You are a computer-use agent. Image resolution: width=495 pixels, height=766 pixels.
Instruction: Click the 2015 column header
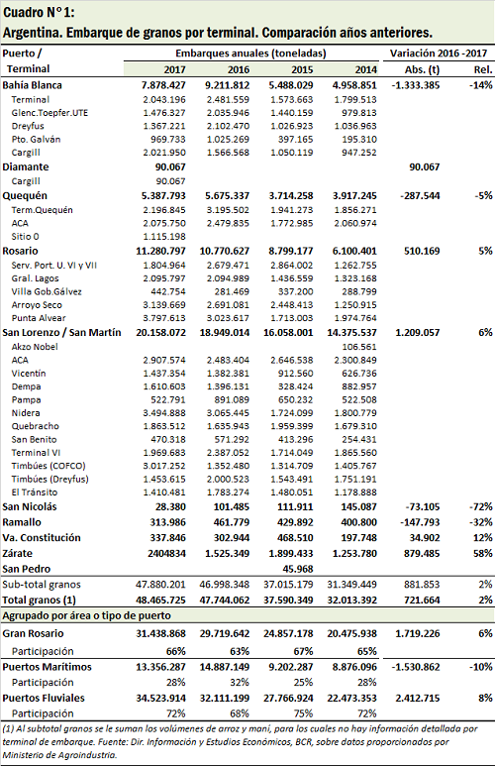pos(302,69)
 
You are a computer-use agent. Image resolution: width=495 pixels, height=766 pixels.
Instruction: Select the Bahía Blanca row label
pos(33,85)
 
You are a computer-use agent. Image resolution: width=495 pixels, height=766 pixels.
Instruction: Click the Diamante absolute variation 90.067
pos(425,167)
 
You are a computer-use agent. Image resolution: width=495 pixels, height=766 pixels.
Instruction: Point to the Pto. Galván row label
pos(36,140)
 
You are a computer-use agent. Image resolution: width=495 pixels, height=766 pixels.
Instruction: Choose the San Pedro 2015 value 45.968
pos(297,569)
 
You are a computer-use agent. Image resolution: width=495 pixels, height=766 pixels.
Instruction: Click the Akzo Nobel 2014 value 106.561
pos(358,347)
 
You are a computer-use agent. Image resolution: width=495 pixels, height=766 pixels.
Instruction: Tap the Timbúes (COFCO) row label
pos(49,466)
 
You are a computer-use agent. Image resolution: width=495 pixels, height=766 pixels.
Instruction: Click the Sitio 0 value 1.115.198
pos(164,237)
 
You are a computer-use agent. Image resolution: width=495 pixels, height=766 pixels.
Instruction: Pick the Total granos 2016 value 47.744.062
pos(225,600)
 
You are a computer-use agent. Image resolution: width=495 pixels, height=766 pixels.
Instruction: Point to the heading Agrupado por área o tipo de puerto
pos(86,615)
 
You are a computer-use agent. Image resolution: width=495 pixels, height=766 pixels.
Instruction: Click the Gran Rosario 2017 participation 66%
pos(175,651)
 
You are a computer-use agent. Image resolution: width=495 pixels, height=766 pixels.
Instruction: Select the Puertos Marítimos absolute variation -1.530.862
pos(416,667)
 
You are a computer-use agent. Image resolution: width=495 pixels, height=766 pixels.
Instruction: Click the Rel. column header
pos(483,69)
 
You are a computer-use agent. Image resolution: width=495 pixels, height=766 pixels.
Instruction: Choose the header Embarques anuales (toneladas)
pos(250,54)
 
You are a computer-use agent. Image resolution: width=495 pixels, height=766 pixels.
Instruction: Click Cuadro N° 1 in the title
pos(39,12)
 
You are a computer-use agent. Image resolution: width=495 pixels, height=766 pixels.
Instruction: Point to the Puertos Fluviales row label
pos(44,698)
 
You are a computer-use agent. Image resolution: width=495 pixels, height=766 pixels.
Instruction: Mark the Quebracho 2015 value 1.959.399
pos(292,426)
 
